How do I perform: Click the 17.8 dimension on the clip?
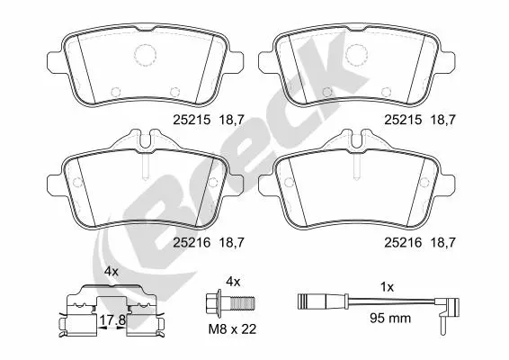pos(112,320)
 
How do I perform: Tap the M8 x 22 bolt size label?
pos(232,329)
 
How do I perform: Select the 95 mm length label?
pos(390,318)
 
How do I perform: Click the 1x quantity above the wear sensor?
pos(387,287)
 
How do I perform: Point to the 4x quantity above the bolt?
pos(233,282)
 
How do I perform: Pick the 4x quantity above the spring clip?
pos(112,271)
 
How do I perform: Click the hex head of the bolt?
pos(213,301)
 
